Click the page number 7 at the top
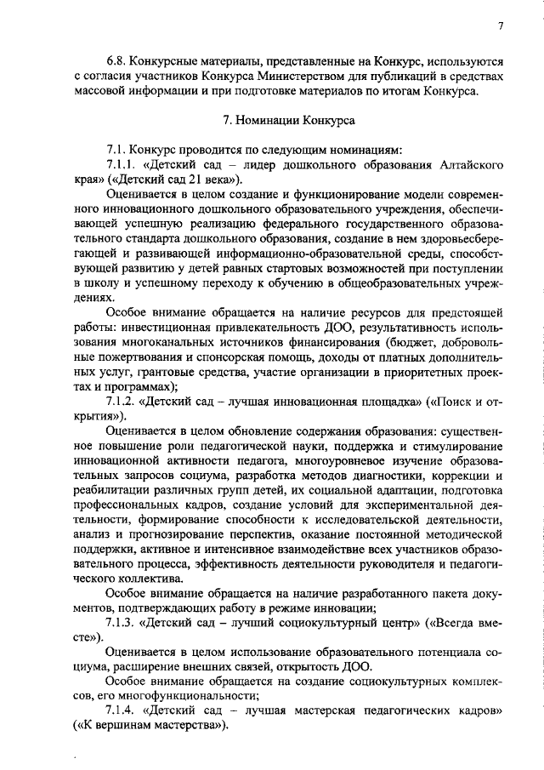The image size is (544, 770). (501, 26)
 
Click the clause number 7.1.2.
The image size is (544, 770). (122, 402)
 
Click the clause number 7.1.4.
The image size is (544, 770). (122, 710)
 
